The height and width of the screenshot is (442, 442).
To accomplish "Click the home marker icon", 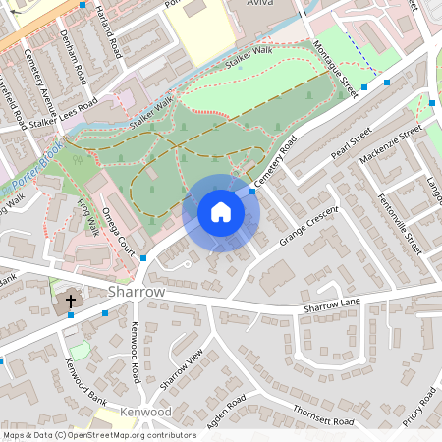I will (x=221, y=212).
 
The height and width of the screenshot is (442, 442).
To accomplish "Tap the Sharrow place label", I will (x=138, y=293).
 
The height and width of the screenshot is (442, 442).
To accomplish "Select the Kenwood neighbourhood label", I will (x=146, y=412).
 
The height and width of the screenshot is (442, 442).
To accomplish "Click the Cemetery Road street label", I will (x=275, y=162).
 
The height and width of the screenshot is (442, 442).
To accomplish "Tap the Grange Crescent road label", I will (x=308, y=225).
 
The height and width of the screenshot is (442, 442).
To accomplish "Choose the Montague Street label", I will (x=332, y=69).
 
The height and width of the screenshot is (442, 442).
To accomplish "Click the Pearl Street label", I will (x=352, y=142).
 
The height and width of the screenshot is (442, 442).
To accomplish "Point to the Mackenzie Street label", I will (x=390, y=141).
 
